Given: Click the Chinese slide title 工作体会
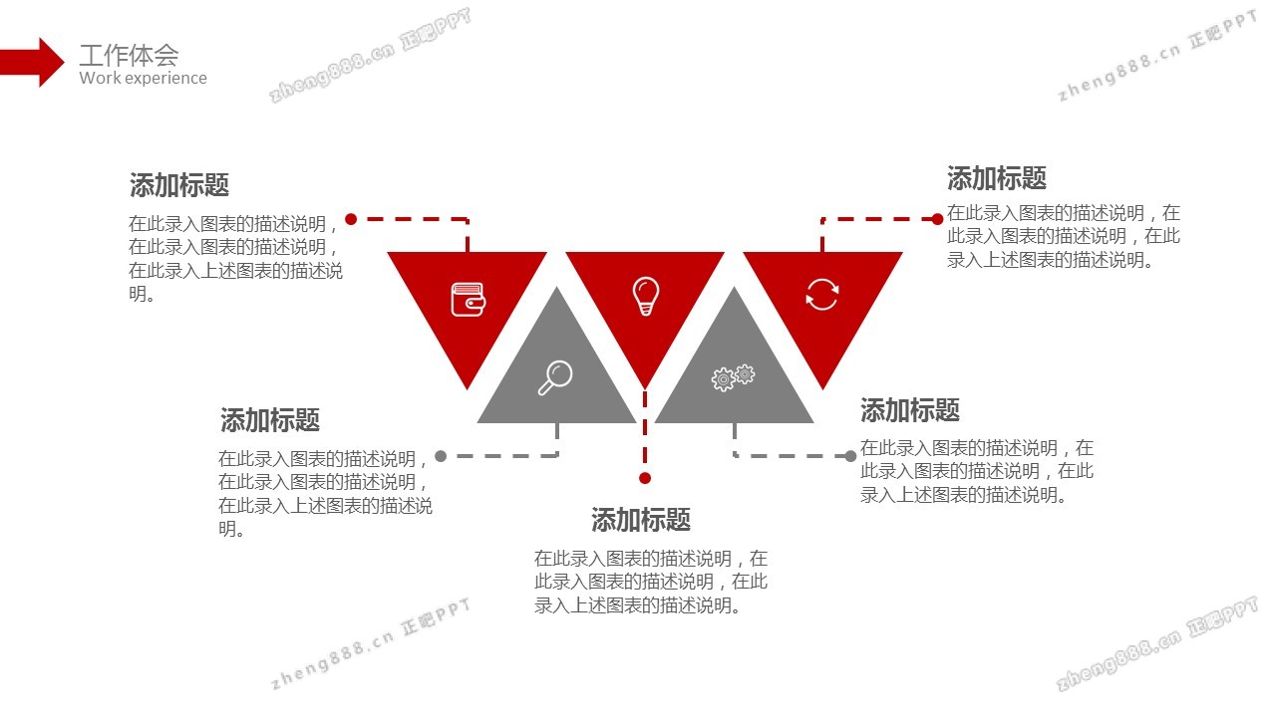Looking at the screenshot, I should point(129,55).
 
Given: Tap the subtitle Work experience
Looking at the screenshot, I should point(143,79).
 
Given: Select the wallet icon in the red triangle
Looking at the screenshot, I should point(468,299).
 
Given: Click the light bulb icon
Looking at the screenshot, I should point(645,296).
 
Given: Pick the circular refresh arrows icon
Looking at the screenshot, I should point(822,295).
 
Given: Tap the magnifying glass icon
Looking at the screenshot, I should point(555,377).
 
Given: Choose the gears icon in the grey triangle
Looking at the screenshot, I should point(733,377).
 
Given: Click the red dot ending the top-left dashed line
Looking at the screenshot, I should point(351,219).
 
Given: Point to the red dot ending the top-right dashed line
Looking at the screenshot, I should point(938,219).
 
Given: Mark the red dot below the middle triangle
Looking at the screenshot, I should point(645,478).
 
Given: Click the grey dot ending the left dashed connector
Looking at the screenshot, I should point(441,456).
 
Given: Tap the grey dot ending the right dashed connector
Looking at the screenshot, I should point(850,456).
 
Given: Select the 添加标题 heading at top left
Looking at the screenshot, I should point(179,185).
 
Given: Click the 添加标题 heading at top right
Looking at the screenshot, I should point(997,179).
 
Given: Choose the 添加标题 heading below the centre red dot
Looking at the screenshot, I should point(641,520).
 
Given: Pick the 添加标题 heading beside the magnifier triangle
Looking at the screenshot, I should point(270,420).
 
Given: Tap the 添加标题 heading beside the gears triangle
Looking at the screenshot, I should point(910,410).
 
